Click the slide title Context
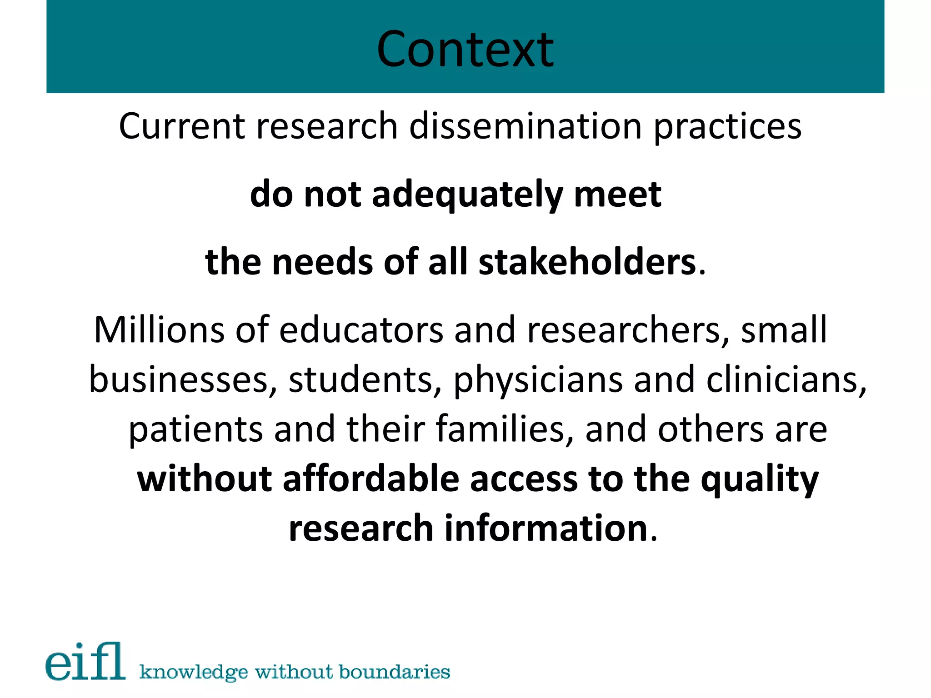pyautogui.click(x=465, y=49)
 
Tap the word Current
pyautogui.click(x=182, y=126)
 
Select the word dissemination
pyautogui.click(x=526, y=126)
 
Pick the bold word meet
pyautogui.click(x=617, y=194)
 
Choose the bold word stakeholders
pyautogui.click(x=587, y=262)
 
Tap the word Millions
pyautogui.click(x=159, y=329)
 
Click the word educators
pyautogui.click(x=361, y=330)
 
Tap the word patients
pyautogui.click(x=196, y=430)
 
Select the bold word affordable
pyautogui.click(x=371, y=479)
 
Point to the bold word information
pyautogui.click(x=546, y=528)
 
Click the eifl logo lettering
pyautogui.click(x=85, y=662)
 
